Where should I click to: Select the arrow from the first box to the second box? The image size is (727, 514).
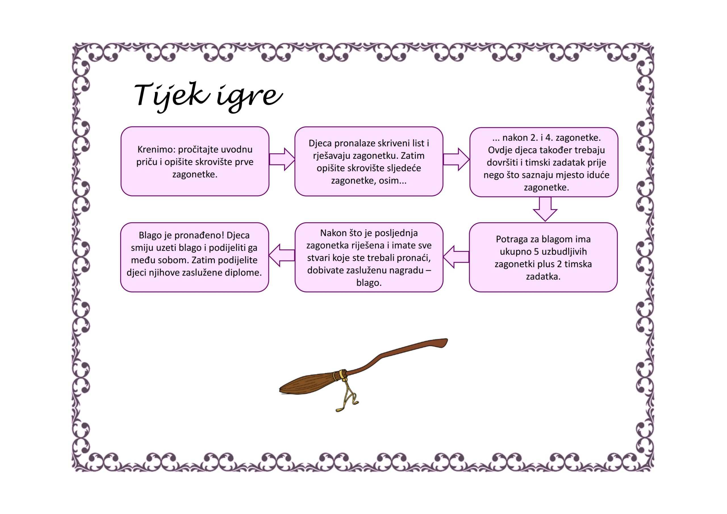(282, 159)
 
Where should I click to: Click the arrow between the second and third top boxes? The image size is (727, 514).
(456, 159)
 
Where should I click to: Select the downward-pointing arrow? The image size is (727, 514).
(545, 209)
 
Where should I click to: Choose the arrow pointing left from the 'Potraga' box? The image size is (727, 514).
(456, 256)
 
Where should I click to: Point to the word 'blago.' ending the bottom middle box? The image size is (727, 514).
(369, 283)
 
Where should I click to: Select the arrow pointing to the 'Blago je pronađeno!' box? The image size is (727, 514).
(282, 255)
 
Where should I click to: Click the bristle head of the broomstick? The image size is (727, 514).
(307, 384)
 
